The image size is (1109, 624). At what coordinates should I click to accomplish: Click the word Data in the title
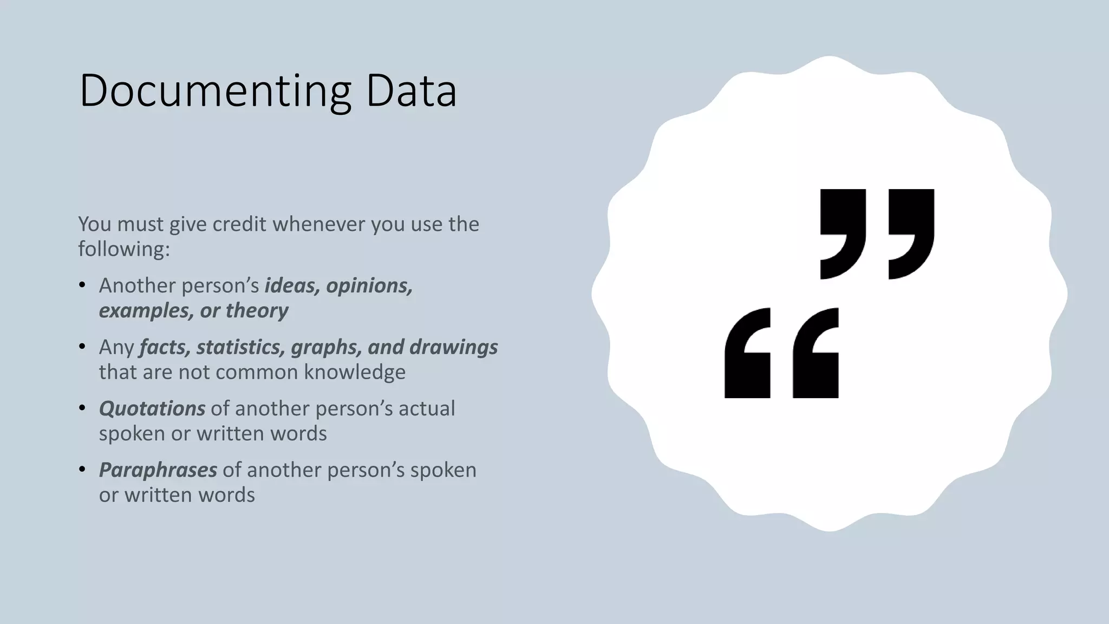(411, 91)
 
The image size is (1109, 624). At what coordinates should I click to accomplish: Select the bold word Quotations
(152, 408)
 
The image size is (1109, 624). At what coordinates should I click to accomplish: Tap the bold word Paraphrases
(158, 470)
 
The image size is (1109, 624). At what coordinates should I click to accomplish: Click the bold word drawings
(453, 347)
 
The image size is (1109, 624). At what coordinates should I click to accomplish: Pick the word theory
(257, 310)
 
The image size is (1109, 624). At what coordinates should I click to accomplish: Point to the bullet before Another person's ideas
(82, 285)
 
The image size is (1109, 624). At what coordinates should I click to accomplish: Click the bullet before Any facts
(82, 347)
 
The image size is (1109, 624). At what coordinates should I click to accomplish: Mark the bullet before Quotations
(82, 408)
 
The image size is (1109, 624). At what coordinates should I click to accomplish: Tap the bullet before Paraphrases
(82, 469)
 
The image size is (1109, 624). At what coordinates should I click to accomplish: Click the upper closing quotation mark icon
(877, 233)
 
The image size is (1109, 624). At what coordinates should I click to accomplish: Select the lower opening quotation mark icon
(781, 353)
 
